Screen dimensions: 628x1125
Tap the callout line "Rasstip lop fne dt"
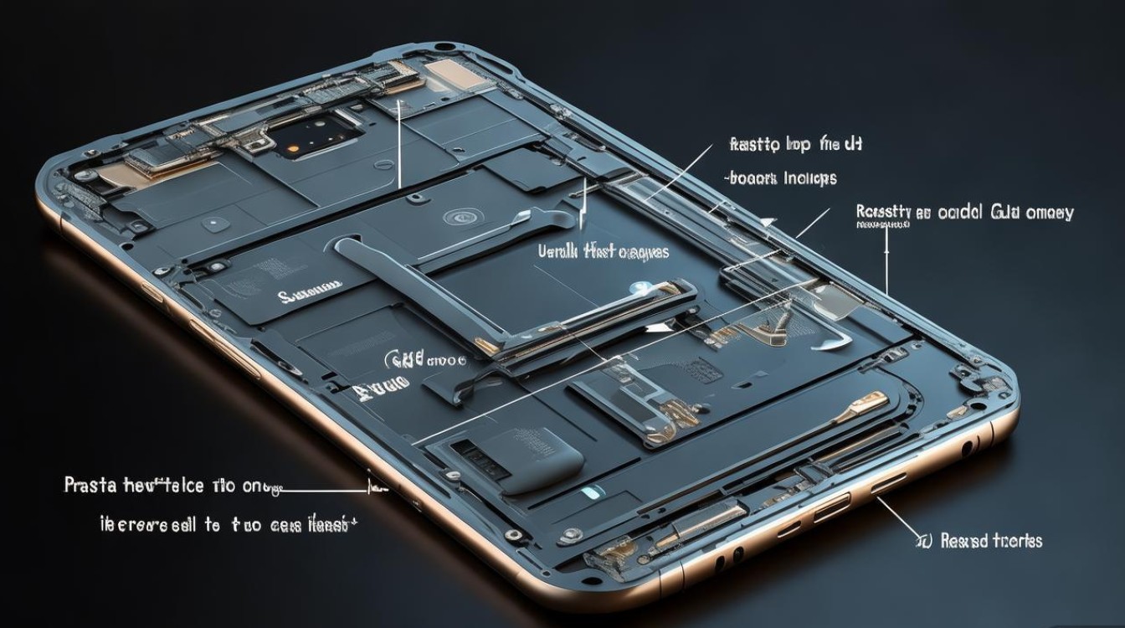pyautogui.click(x=796, y=145)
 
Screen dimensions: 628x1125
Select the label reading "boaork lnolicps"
pyautogui.click(x=780, y=178)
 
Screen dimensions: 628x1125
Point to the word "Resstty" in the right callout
pyautogui.click(x=882, y=213)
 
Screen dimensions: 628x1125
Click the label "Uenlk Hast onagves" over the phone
pyautogui.click(x=602, y=250)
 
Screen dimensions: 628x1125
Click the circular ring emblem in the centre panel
pyautogui.click(x=458, y=218)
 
